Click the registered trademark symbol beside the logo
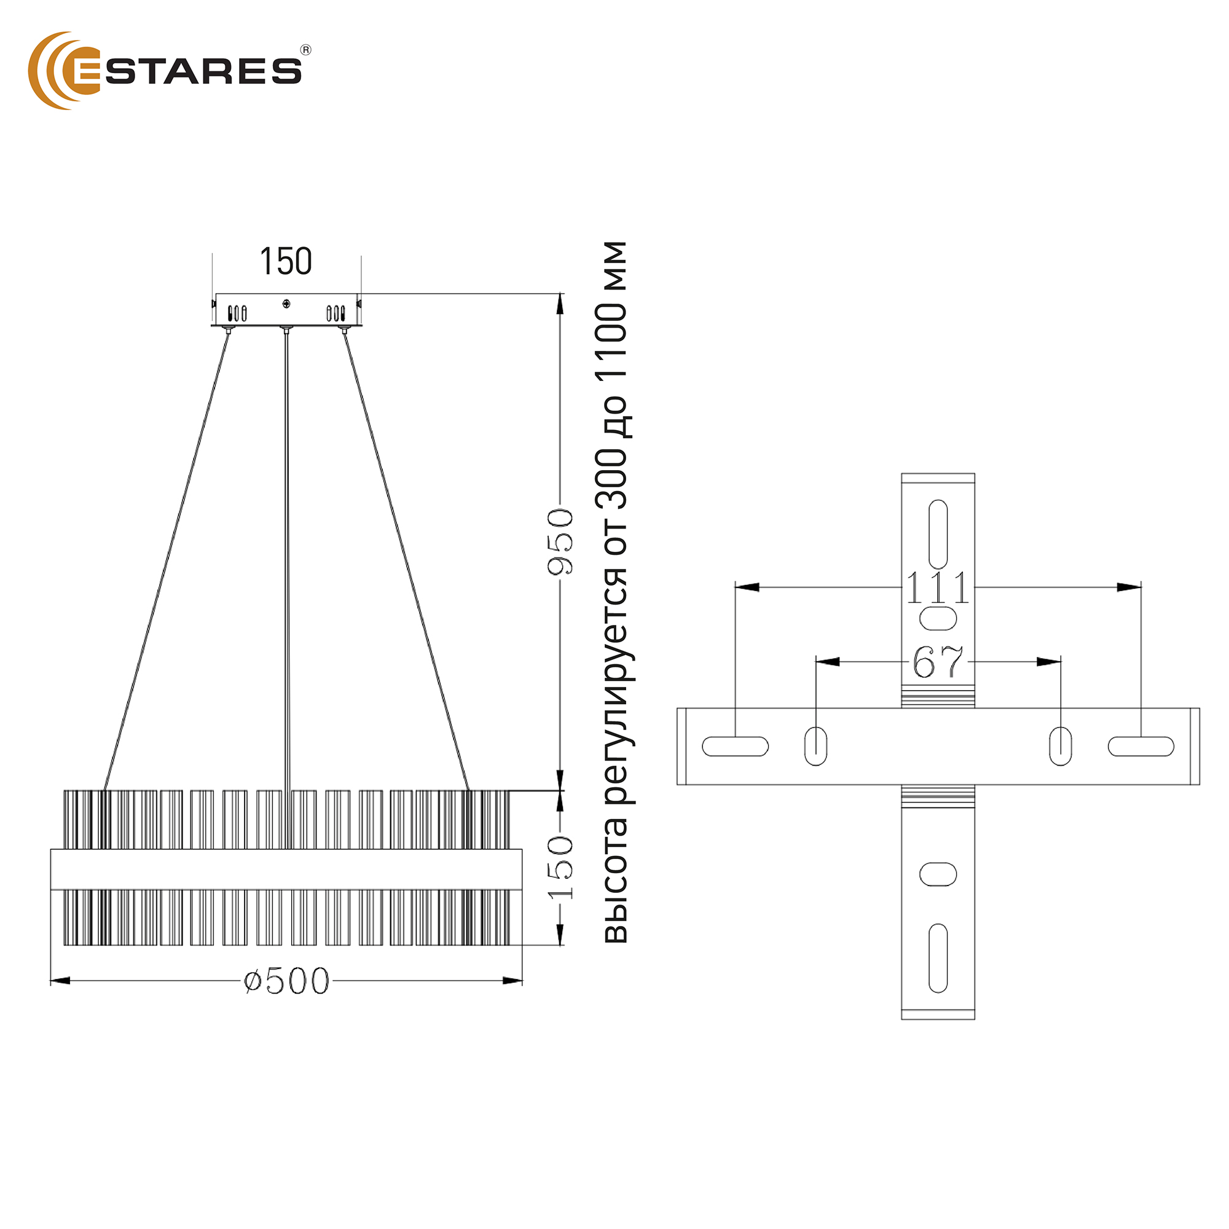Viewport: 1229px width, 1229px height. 306,50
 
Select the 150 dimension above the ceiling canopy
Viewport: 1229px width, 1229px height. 286,261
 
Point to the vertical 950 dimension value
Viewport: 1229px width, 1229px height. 560,541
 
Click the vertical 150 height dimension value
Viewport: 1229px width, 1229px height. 560,868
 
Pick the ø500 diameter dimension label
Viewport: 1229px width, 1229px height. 287,981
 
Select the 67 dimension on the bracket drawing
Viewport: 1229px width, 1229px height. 938,662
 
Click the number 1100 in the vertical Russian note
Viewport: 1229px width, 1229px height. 612,344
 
